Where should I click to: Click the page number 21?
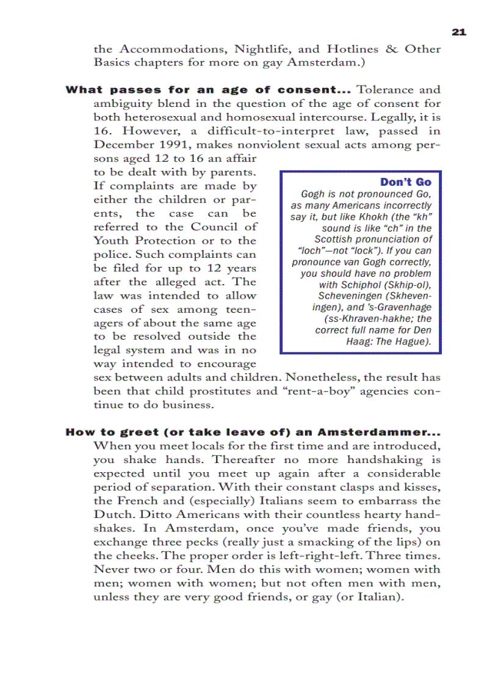tap(459, 32)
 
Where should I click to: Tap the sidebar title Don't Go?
tap(405, 182)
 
